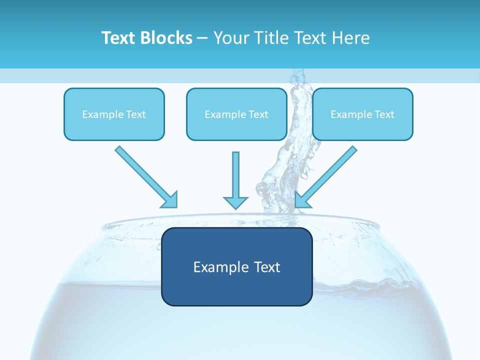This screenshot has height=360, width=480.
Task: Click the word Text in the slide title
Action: coord(118,38)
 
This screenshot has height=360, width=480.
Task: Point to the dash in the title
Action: coord(202,38)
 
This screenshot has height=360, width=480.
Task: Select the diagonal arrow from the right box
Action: coord(330,173)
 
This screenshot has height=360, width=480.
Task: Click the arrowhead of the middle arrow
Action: coord(235,202)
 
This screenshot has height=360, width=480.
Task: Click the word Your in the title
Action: coord(230,38)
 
